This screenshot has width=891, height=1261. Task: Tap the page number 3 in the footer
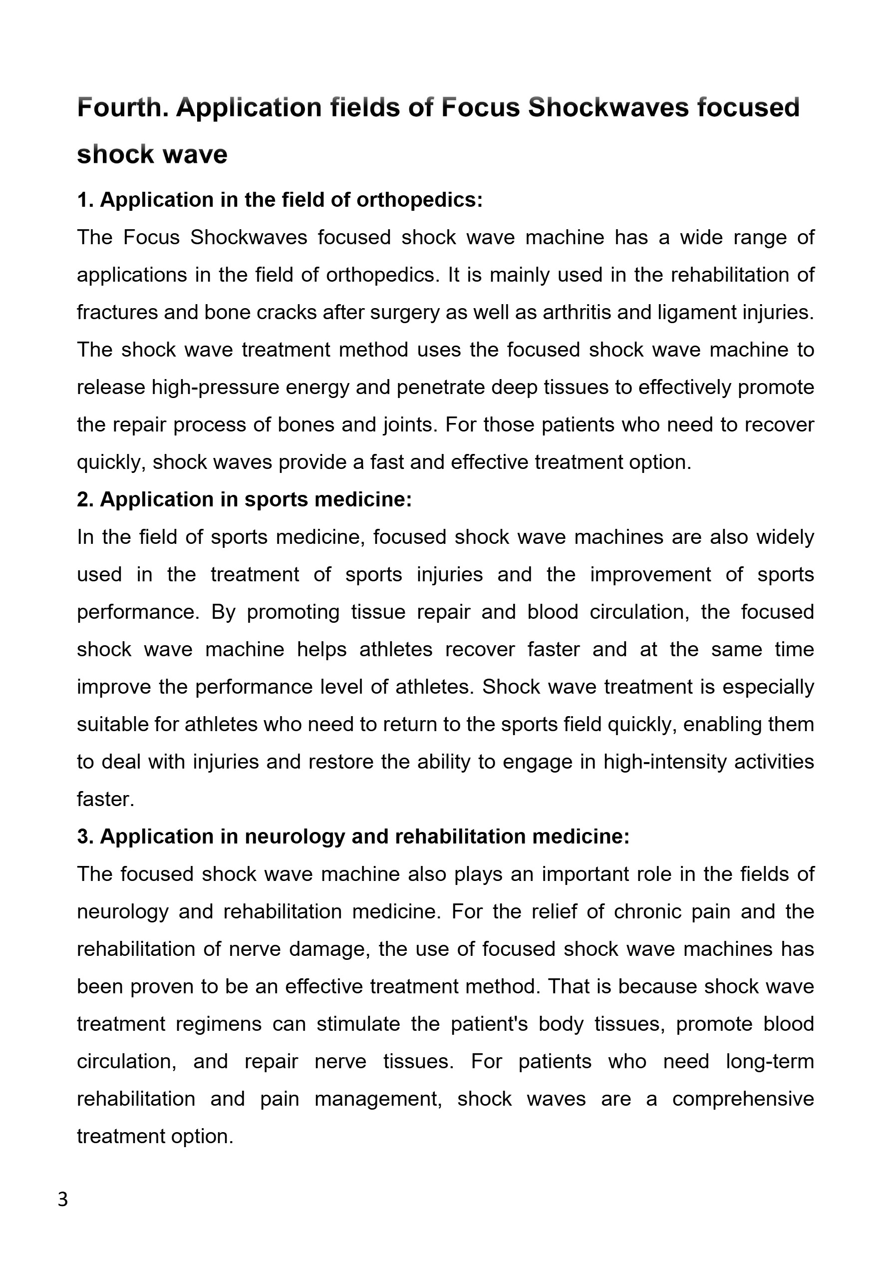click(x=63, y=1200)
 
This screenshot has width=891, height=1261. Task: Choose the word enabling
click(x=717, y=725)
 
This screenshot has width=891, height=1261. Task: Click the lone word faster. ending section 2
click(x=105, y=799)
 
